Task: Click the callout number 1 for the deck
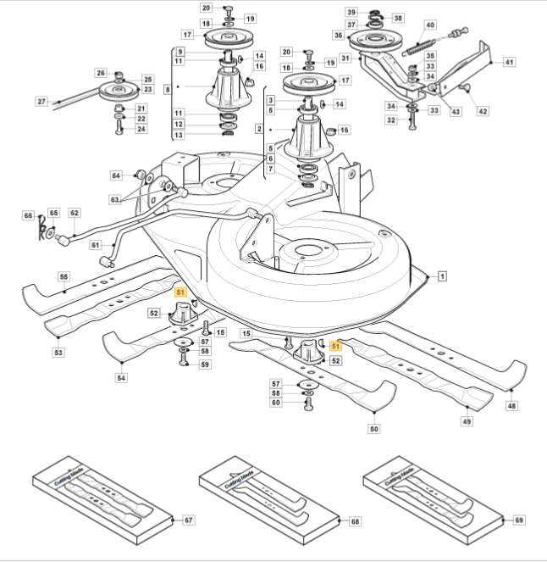pyautogui.click(x=443, y=276)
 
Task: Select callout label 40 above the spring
pyautogui.click(x=430, y=25)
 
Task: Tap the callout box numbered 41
pyautogui.click(x=509, y=62)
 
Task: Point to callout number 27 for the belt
pyautogui.click(x=41, y=102)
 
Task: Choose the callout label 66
pyautogui.click(x=28, y=215)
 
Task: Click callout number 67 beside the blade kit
pyautogui.click(x=189, y=520)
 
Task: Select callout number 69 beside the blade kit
pyautogui.click(x=519, y=520)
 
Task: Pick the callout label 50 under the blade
pyautogui.click(x=373, y=429)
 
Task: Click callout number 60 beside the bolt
pyautogui.click(x=276, y=403)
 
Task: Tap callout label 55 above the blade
pyautogui.click(x=64, y=276)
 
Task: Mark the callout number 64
pyautogui.click(x=116, y=175)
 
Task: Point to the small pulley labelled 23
pyautogui.click(x=119, y=91)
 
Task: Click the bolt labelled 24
pyautogui.click(x=119, y=127)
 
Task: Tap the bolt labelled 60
pyautogui.click(x=308, y=404)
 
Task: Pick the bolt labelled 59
pyautogui.click(x=184, y=359)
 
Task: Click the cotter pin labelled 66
pyautogui.click(x=41, y=228)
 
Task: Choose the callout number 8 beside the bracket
pyautogui.click(x=168, y=89)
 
